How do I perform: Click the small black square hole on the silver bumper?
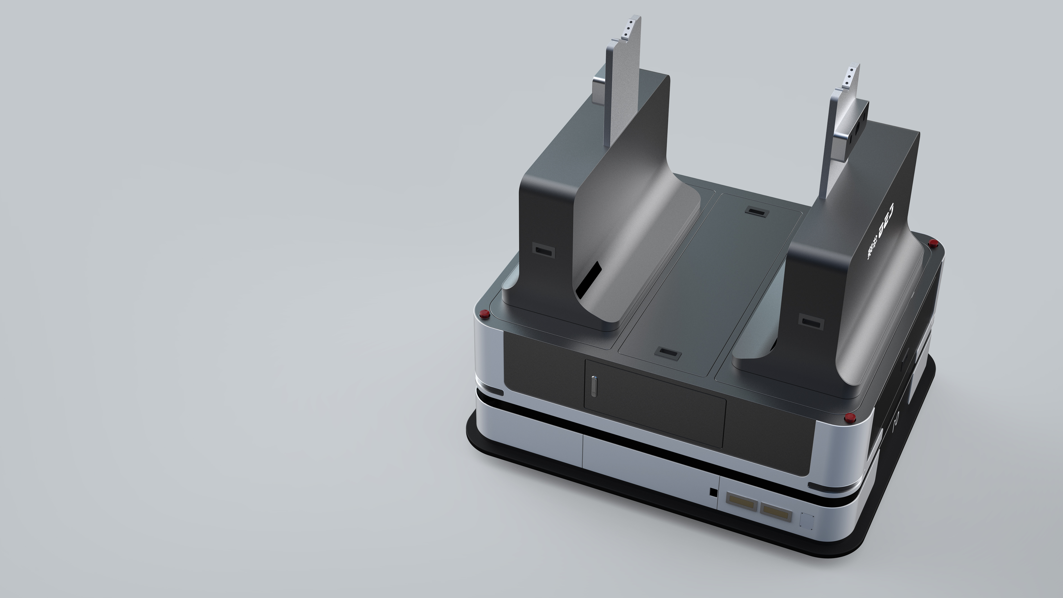point(713,492)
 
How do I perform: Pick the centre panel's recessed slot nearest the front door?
point(668,353)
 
